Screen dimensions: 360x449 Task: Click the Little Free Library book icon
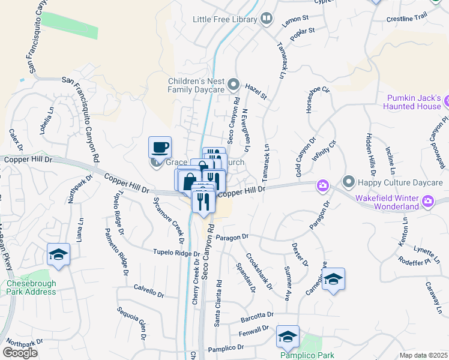pos(265,20)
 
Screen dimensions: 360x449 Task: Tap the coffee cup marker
pos(160,147)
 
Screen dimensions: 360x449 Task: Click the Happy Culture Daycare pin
pos(348,181)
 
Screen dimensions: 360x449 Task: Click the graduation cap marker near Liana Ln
pos(59,254)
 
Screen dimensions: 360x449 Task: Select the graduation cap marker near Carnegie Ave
pos(333,279)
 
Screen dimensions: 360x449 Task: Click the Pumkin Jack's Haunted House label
pos(414,102)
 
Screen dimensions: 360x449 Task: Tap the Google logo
pos(20,353)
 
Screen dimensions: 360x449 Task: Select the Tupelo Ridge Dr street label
pos(175,253)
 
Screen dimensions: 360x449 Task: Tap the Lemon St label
pos(295,19)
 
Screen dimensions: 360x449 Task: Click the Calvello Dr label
pos(149,290)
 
